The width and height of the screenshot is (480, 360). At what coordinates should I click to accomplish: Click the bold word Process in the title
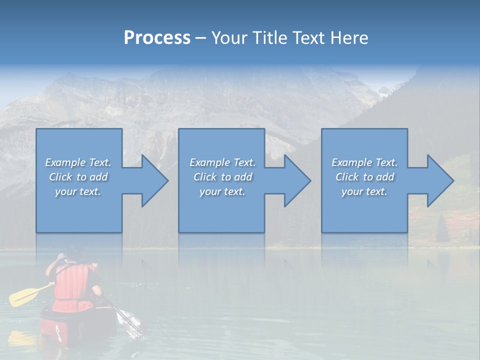[157, 38]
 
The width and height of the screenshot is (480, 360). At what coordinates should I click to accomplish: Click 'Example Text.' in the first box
[78, 162]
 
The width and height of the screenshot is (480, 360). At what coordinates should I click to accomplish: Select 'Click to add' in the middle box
[222, 177]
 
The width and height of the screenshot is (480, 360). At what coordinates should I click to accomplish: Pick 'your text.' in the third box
[364, 191]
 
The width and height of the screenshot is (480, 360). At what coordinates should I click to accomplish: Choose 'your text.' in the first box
[78, 191]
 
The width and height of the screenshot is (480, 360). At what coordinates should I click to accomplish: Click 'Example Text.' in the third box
[364, 162]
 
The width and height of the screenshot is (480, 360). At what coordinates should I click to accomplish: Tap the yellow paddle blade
[22, 297]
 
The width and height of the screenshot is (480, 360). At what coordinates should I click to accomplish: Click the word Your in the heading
[228, 38]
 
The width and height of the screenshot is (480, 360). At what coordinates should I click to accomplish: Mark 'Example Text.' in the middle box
[222, 162]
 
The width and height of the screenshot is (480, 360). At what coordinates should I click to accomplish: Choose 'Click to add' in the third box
[364, 177]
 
